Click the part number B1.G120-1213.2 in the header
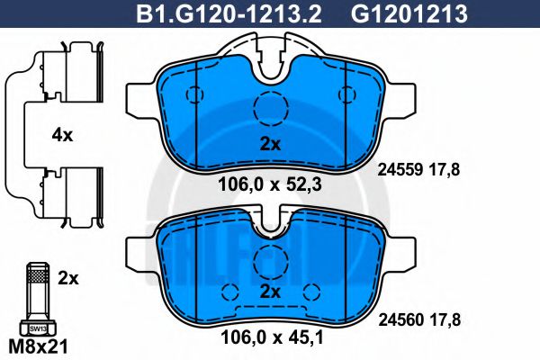click(229, 14)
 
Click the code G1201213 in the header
click(409, 14)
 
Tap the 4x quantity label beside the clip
click(62, 135)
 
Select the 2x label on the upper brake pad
click(270, 144)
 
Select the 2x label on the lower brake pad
click(270, 292)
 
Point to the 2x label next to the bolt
click(68, 278)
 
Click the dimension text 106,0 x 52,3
click(270, 185)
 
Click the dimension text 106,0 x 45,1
click(272, 337)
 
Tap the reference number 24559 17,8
click(418, 169)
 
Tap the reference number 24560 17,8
click(419, 320)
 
